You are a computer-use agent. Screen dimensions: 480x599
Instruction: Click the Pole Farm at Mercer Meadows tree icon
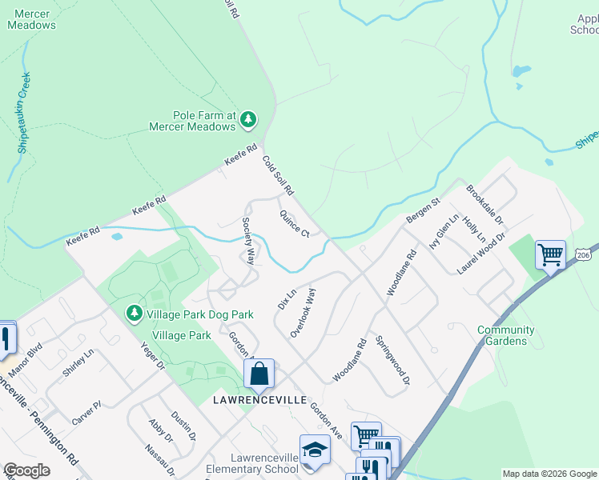(248, 120)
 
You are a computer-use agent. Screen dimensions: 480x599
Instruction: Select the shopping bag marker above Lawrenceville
(259, 374)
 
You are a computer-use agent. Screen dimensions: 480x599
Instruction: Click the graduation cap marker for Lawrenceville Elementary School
(315, 450)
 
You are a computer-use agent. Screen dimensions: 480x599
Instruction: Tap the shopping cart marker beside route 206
(550, 256)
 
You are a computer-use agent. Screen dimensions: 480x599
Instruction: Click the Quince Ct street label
(294, 223)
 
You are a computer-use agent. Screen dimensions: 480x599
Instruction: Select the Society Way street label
(249, 241)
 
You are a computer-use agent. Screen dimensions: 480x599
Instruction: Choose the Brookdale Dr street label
(484, 204)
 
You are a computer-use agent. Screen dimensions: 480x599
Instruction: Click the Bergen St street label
(424, 211)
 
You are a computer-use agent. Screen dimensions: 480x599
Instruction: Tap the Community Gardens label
(506, 335)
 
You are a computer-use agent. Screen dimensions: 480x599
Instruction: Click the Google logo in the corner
(27, 470)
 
